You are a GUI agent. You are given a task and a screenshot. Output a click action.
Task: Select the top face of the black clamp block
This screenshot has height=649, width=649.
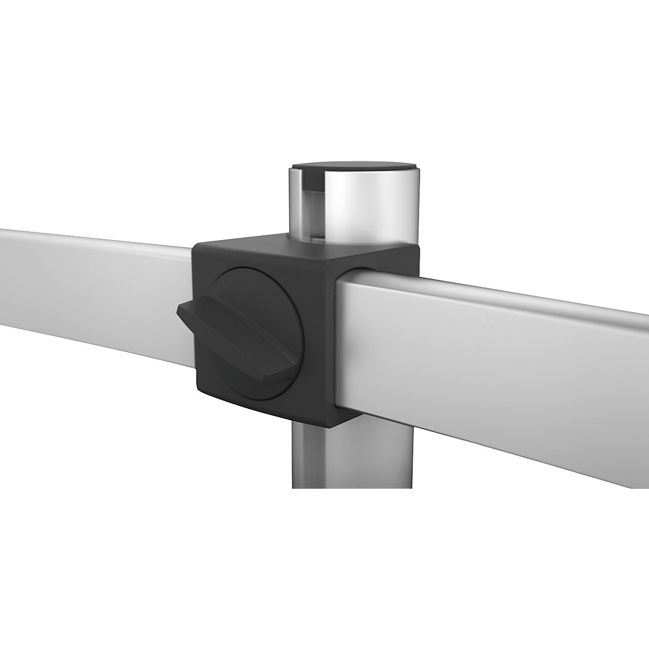tap(303, 246)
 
